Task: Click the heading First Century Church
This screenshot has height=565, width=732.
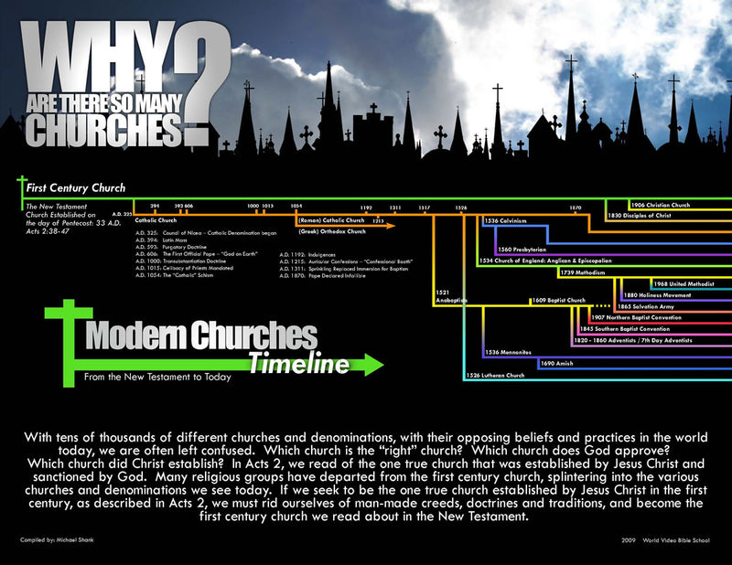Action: coord(69,188)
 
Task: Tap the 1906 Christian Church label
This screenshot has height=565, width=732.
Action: coord(661,206)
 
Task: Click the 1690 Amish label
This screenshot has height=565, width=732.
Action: coord(557,363)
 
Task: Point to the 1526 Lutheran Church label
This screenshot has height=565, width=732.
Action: coord(495,376)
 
